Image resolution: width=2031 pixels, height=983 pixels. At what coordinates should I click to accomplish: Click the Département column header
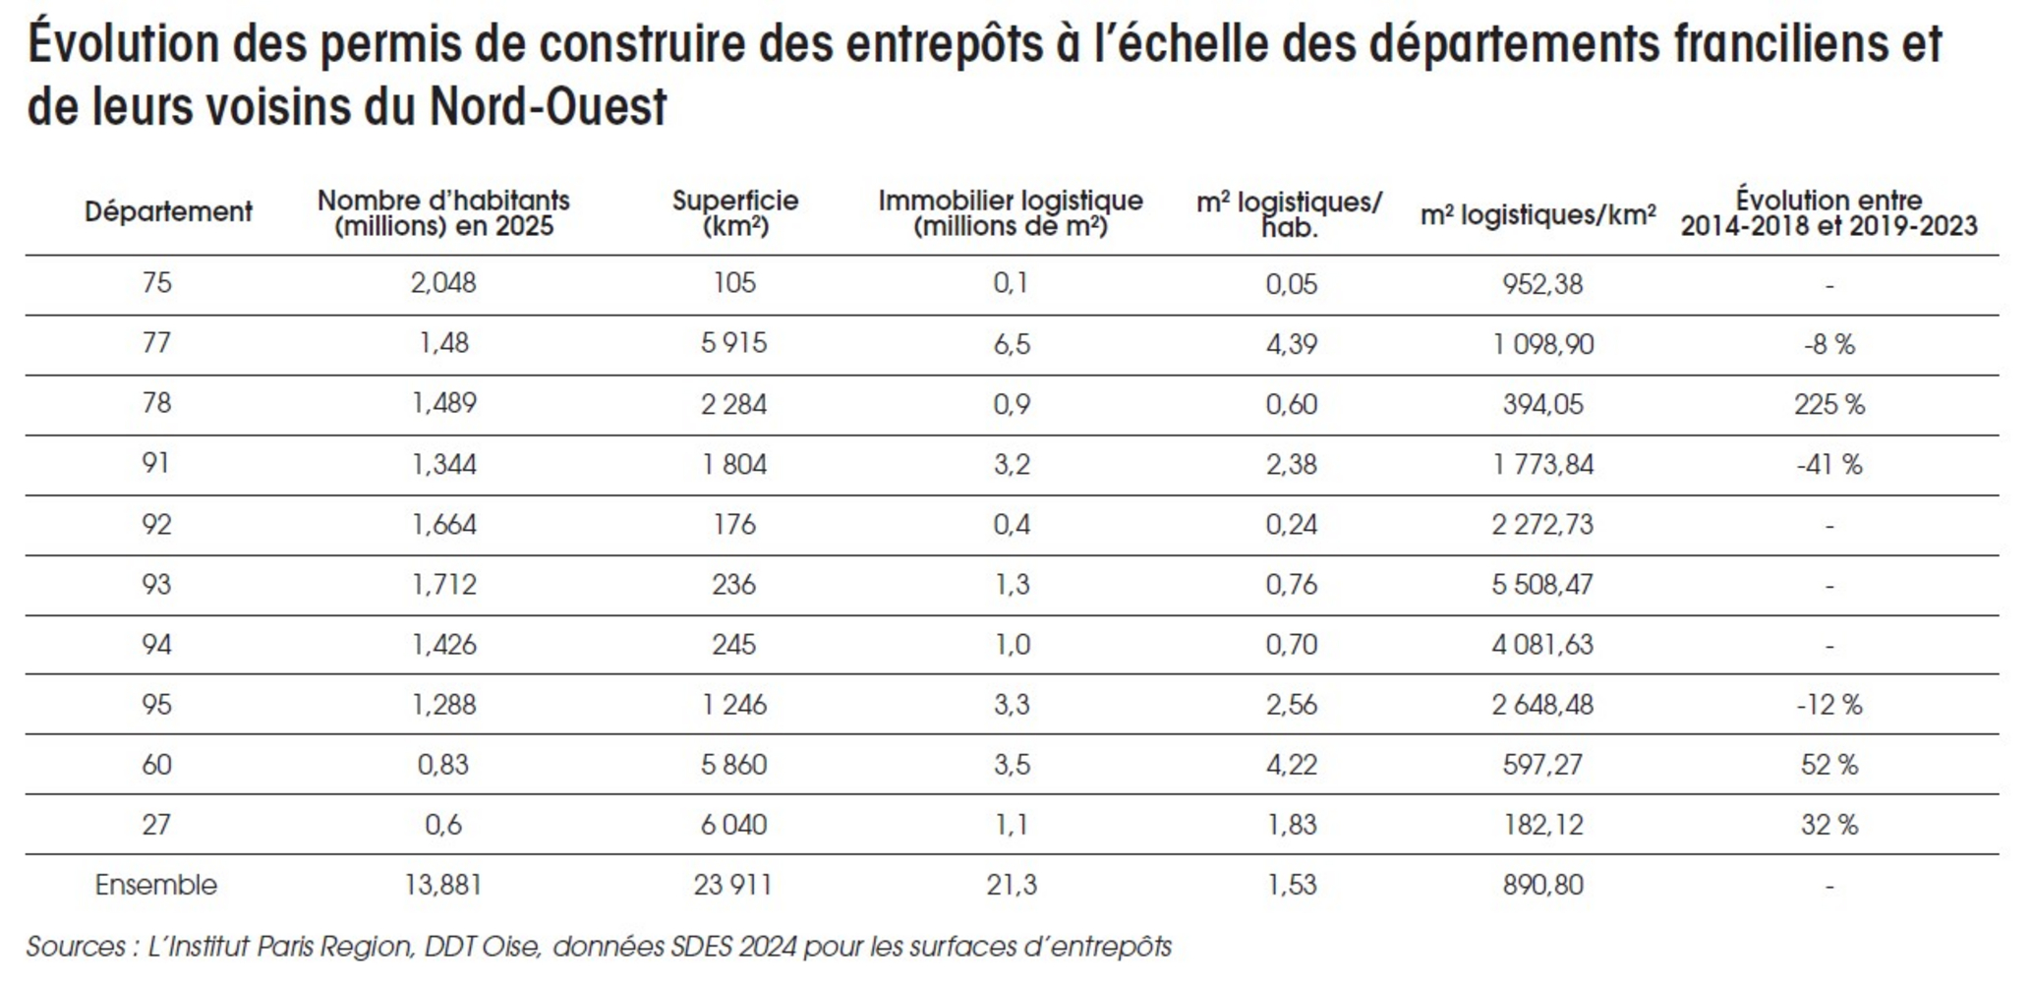[168, 211]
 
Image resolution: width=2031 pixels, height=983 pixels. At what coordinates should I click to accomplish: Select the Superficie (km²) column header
[735, 213]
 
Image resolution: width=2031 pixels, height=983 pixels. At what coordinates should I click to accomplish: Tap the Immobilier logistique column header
[1011, 213]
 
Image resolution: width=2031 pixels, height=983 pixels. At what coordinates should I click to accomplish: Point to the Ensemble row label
[155, 885]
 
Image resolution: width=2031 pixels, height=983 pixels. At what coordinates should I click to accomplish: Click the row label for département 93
[156, 585]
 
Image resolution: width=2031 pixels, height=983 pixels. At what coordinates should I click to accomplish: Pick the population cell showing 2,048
[443, 283]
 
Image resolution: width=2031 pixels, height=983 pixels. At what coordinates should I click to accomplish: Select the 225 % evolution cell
[1828, 404]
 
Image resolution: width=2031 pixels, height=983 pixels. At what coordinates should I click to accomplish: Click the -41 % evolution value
[1828, 464]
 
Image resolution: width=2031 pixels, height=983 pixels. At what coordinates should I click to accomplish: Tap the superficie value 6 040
[734, 825]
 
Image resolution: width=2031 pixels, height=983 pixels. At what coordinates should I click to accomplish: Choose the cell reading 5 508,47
[1542, 585]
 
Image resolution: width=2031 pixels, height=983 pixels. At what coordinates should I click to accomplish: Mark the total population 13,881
[443, 885]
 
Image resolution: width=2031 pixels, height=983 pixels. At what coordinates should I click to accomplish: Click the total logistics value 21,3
[1012, 885]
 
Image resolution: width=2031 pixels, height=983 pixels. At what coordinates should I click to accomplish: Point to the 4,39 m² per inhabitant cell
[1291, 344]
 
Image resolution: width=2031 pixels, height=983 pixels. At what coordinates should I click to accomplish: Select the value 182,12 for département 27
[1543, 825]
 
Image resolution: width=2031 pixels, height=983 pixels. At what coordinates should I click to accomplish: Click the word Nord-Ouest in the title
[548, 106]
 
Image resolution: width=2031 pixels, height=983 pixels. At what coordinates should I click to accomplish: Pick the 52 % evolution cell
[1829, 765]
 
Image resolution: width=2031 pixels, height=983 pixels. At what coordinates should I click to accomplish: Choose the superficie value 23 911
[732, 885]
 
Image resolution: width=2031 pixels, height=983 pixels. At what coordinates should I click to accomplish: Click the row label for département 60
[156, 765]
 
